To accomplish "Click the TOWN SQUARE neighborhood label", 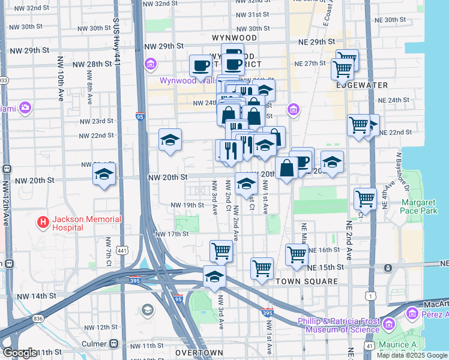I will [303, 281].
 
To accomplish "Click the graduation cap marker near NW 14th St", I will [214, 277].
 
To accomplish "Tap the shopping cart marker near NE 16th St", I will [297, 254].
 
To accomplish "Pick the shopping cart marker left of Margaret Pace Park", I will [365, 198].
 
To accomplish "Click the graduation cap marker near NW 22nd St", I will [170, 140].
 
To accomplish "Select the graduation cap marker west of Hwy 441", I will [104, 175].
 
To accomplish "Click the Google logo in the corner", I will [20, 353].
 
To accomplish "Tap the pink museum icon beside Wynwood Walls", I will [151, 64].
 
